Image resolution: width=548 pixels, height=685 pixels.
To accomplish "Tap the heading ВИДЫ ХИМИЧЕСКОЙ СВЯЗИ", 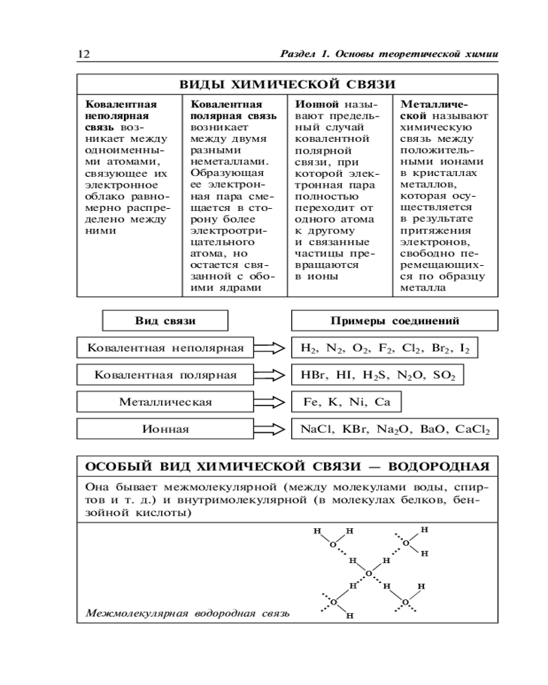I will (287, 84).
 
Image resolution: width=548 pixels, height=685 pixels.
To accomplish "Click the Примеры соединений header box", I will (395, 321).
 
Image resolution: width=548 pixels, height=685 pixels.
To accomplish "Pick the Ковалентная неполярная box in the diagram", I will (166, 348).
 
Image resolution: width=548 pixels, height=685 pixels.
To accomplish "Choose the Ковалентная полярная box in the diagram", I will (166, 375).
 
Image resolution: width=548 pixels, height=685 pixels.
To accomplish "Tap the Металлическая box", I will (166, 401).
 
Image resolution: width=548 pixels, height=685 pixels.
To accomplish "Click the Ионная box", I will (166, 429).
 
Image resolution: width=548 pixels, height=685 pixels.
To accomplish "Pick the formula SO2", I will (443, 375).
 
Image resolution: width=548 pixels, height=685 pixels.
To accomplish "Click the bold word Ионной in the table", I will (312, 105).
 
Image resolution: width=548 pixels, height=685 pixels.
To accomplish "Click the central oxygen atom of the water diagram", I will (369, 573).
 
